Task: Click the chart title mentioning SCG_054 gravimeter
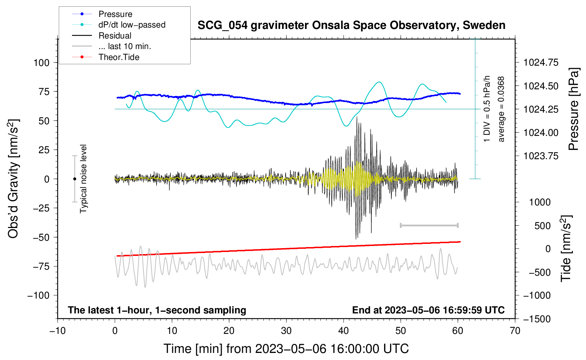(x=351, y=25)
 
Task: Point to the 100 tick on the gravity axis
(x=42, y=63)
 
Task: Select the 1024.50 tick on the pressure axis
(x=541, y=86)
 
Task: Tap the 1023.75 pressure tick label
(x=541, y=156)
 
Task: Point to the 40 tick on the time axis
(x=343, y=331)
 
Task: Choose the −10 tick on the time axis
(x=58, y=331)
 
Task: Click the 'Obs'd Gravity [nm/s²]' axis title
(x=13, y=179)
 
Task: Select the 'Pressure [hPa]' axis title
(x=573, y=109)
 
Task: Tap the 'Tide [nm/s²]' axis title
(x=566, y=248)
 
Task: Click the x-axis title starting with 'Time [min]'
(x=286, y=349)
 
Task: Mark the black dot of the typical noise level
(x=74, y=179)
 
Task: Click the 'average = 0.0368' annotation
(x=501, y=109)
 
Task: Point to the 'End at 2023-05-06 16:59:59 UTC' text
(x=428, y=310)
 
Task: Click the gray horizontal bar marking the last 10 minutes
(x=429, y=226)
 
